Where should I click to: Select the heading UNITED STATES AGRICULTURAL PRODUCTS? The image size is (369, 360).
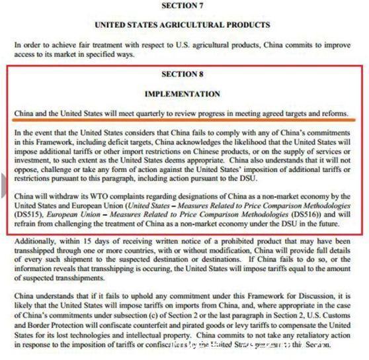(183, 25)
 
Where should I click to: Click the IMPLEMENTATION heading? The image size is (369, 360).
(183, 94)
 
